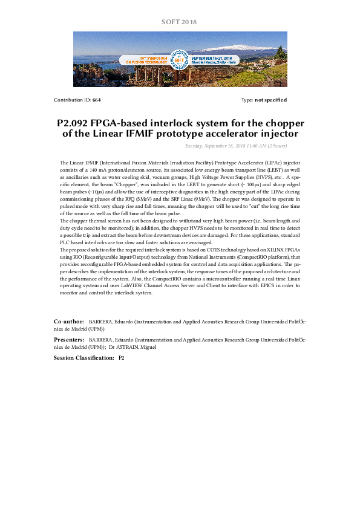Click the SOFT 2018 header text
point(179,22)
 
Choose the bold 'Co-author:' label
point(69,322)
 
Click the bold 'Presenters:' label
point(69,340)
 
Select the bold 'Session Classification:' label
point(83,358)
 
